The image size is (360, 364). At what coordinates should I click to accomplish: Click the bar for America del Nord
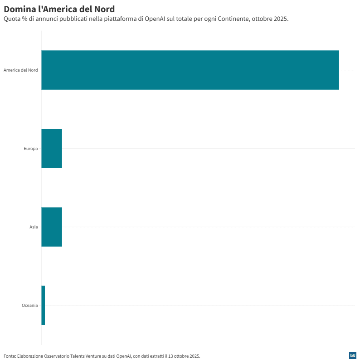[190, 70]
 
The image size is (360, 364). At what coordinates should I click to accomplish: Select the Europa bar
[52, 148]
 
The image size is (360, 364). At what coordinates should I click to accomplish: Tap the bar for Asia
[52, 227]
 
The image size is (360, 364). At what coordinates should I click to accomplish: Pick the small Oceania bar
[43, 305]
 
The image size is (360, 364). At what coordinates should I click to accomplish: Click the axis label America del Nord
[20, 70]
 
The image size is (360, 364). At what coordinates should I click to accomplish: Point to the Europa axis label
[31, 149]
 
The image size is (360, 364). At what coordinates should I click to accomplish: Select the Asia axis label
[34, 227]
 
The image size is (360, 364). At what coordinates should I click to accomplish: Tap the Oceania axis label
[30, 306]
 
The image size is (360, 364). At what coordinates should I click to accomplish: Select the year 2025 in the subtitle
[281, 19]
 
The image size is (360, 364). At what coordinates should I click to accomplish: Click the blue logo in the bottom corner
[352, 355]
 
